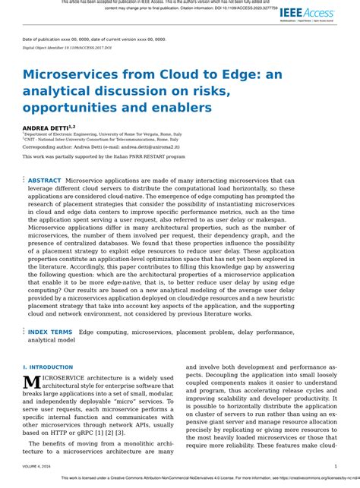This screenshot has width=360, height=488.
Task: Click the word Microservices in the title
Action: [x=76, y=74]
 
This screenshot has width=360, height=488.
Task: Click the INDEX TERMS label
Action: [x=50, y=332]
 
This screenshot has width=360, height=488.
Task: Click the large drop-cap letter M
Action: [x=32, y=383]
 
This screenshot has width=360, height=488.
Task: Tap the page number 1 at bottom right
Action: [x=336, y=467]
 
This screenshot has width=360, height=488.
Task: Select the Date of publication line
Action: [x=94, y=38]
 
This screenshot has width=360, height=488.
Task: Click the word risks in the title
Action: [x=214, y=91]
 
